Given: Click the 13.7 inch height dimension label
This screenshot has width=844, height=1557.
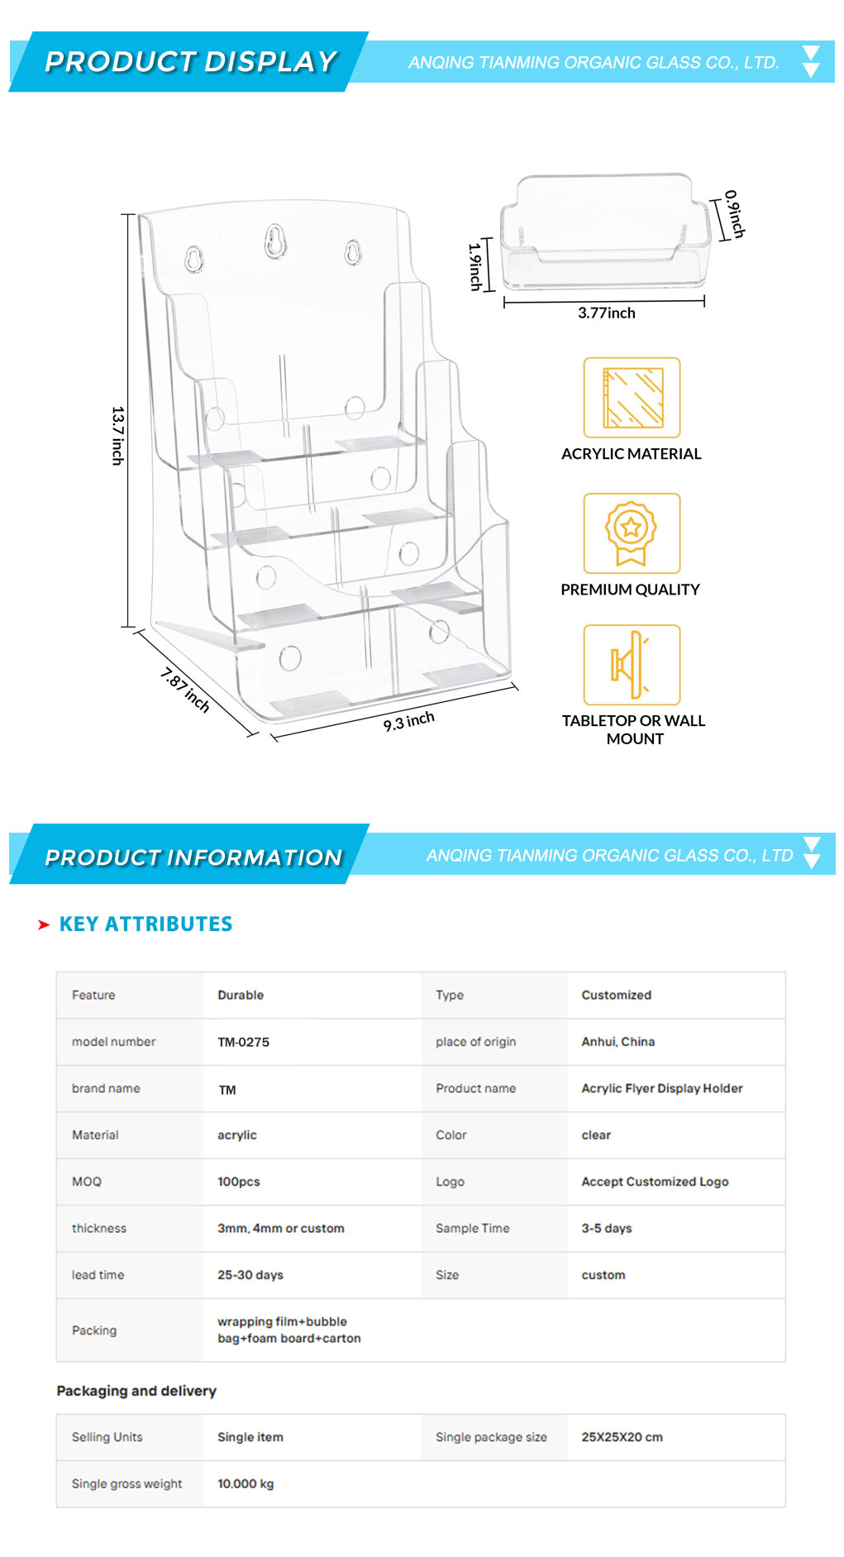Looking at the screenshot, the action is [117, 436].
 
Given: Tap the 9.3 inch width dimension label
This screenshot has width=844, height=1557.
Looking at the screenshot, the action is [408, 721].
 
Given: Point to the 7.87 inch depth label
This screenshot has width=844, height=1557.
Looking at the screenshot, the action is [185, 690].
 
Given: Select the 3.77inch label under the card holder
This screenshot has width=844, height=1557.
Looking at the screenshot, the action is [607, 313].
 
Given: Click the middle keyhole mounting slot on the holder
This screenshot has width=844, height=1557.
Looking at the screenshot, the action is [275, 241].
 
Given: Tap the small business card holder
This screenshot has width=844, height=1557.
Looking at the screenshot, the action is [605, 231].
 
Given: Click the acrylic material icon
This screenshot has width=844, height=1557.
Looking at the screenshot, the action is [632, 398].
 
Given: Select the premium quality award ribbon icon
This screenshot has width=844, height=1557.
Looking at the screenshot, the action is [632, 533].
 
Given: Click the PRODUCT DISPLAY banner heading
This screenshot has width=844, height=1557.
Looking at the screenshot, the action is [191, 61].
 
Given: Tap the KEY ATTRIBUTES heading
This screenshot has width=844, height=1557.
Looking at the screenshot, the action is [145, 924].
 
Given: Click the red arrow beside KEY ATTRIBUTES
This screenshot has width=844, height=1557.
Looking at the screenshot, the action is [44, 924].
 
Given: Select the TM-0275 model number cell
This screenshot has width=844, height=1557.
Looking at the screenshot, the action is [243, 1042].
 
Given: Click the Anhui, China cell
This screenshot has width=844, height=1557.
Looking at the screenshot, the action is [618, 1042].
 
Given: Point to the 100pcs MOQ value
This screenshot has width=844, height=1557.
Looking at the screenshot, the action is [238, 1182].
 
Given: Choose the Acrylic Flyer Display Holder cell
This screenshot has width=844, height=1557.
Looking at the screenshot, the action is [661, 1088].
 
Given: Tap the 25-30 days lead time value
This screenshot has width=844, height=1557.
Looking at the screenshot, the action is [250, 1275].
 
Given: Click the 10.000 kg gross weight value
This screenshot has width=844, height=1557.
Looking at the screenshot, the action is [245, 1483].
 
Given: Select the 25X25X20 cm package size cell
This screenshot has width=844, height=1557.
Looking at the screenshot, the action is [622, 1437].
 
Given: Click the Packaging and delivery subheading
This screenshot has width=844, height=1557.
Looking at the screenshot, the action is [136, 1391].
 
